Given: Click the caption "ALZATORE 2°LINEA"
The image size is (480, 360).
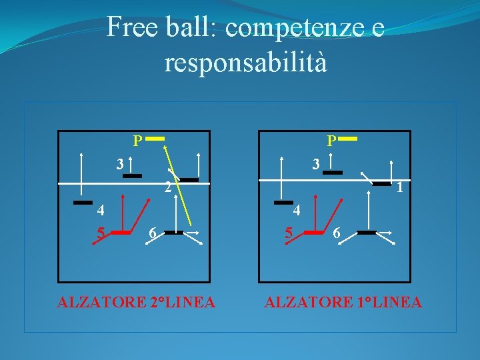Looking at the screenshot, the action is tap(136, 303).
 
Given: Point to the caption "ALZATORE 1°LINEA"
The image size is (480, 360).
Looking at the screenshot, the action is tap(343, 303).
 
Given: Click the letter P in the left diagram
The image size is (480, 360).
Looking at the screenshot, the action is tap(137, 141).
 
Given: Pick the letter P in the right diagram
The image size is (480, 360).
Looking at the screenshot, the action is tap(331, 141).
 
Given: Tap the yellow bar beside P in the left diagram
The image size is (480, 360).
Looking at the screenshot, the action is tap(155, 139).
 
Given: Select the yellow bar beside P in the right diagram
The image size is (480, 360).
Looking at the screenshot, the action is tap(349, 139).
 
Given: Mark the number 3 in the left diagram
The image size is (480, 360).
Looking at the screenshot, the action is tap(119, 163).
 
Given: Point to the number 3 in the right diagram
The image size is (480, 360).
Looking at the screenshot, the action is tap(317, 163).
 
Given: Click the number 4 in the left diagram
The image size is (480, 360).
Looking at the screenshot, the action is tap(100, 211).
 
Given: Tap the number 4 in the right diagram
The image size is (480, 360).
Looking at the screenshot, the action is tap(297, 211).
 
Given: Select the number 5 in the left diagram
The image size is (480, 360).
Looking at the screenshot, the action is tap(101, 234).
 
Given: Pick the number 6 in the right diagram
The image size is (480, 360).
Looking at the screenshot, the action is tap(337, 234).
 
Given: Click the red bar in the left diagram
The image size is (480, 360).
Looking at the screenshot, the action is tap(121, 233).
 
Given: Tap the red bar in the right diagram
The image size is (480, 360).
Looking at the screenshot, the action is tap(313, 233).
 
